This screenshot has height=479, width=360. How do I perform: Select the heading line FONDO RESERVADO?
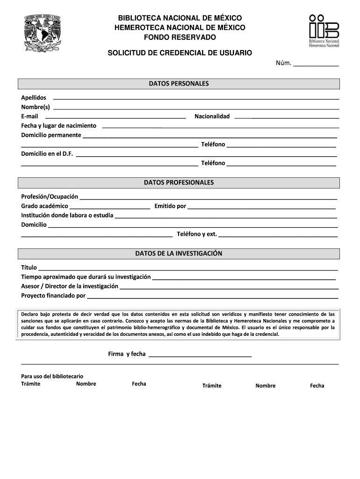point(180,37)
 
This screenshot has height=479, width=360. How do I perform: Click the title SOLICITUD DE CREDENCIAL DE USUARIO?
point(180,53)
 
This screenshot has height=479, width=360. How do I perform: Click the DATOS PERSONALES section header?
point(179,84)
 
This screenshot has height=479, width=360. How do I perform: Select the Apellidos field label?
point(34,97)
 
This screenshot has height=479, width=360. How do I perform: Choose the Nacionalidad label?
point(212,116)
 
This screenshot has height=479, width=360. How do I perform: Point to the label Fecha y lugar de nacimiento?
point(58,125)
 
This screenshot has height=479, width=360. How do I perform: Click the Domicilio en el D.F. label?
point(47,153)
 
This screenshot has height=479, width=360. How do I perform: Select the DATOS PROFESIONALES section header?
point(179,182)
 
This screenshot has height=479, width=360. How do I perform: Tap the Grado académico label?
point(44,206)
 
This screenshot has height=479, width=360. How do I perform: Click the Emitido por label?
point(170,206)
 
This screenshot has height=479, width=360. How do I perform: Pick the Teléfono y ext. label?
point(196,234)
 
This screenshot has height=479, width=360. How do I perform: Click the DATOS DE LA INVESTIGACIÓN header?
point(179,254)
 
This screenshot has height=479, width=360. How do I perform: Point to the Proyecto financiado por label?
point(53,296)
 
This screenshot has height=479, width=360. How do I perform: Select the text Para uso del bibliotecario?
point(52,376)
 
